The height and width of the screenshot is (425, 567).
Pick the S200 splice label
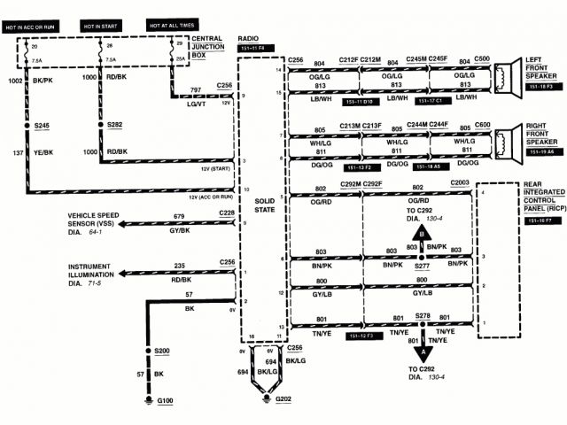161,352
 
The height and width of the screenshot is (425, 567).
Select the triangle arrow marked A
423,351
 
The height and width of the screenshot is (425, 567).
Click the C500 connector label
482,59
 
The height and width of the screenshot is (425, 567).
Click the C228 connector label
227,213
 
